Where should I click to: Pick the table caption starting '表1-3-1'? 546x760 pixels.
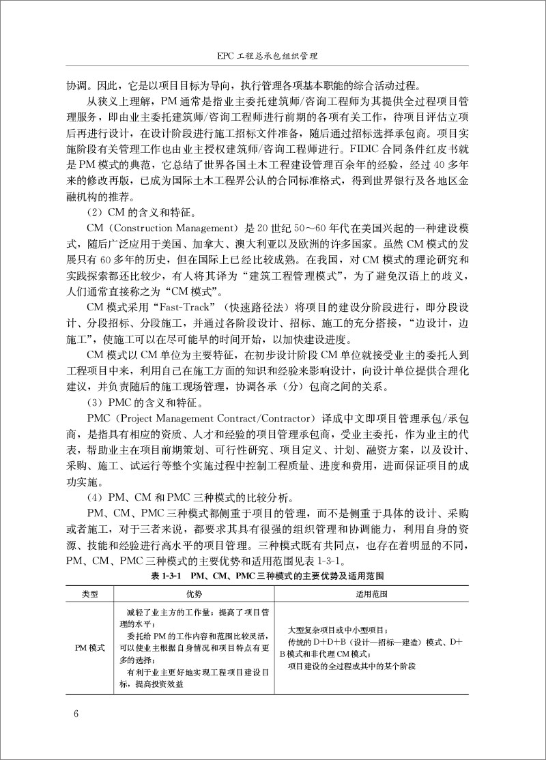(x=272, y=576)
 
